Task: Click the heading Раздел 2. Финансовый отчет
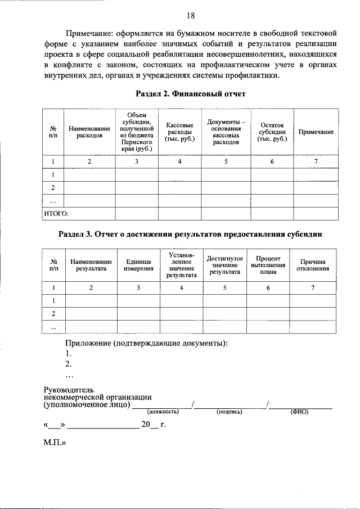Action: coord(191,94)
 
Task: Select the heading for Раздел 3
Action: coord(191,233)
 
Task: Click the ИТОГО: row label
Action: coord(56,214)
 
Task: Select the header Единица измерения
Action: coord(138,265)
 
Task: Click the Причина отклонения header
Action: coord(313,265)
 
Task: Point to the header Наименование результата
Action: coord(91,265)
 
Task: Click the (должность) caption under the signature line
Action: coord(163,412)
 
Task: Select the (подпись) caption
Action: coord(229,412)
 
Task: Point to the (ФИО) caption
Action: coord(299,412)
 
